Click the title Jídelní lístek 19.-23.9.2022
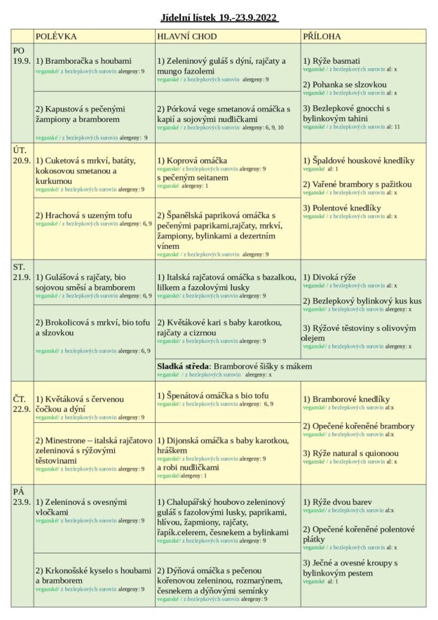point(219,18)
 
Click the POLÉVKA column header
point(56,36)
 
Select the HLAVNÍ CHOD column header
point(187,36)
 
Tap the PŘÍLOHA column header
point(323,36)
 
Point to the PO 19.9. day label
point(22,55)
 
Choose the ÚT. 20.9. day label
point(22,154)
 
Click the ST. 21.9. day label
point(22,272)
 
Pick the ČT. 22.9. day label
point(22,404)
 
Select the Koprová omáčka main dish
point(192,161)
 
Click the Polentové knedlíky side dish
point(342,208)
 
